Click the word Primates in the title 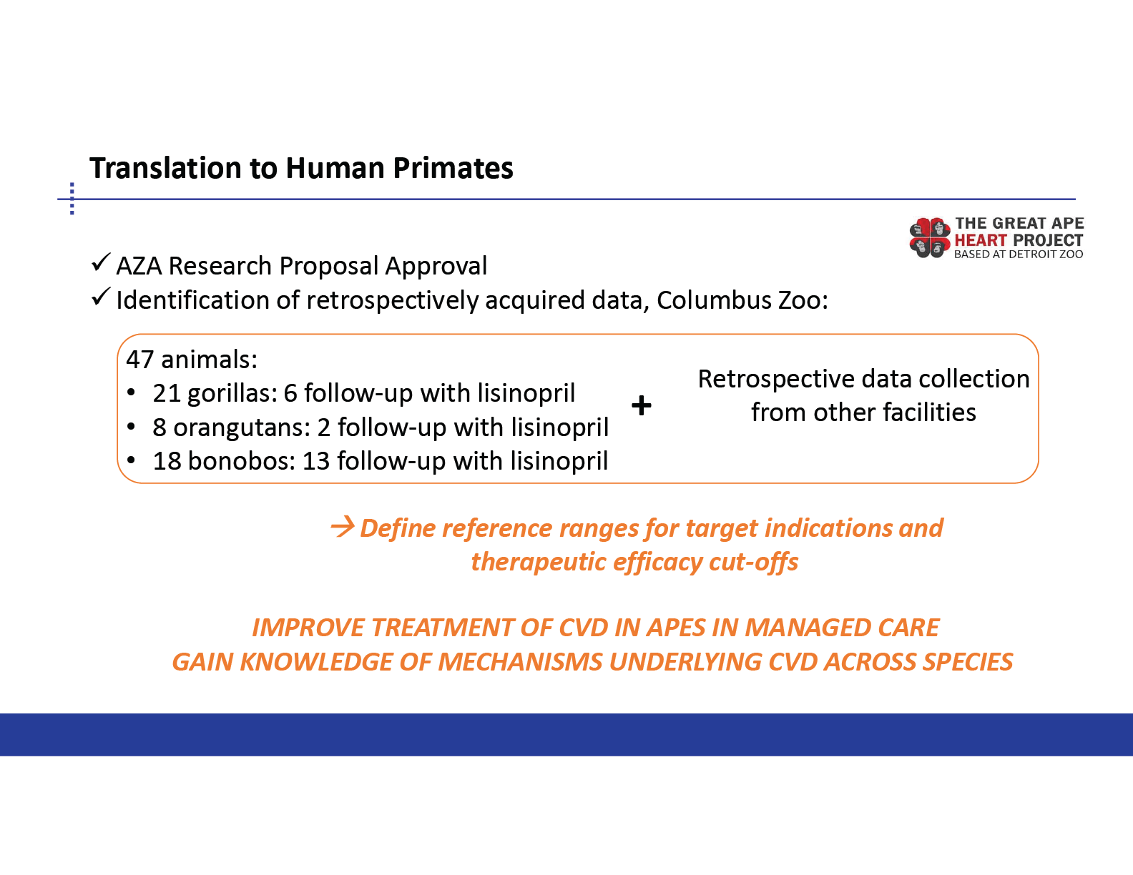(x=453, y=168)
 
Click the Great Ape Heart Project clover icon (x=929, y=237)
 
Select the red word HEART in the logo (x=981, y=240)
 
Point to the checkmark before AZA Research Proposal (x=101, y=262)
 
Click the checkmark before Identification (x=101, y=297)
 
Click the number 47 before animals (x=139, y=360)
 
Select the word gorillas (x=232, y=394)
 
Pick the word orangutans (x=242, y=428)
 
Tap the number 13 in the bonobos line (x=316, y=461)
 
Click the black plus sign (x=642, y=405)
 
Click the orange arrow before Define (x=343, y=527)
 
